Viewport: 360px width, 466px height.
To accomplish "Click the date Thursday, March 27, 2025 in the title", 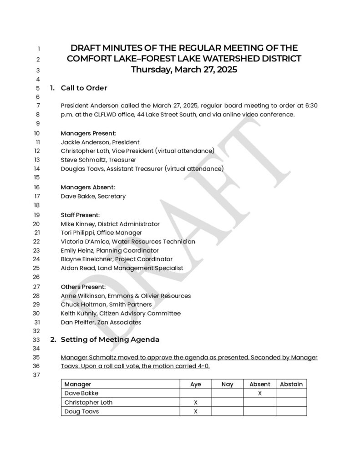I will point(184,70).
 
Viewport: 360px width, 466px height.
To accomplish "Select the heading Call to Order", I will point(84,88).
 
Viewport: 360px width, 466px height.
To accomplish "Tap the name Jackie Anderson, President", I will point(100,142).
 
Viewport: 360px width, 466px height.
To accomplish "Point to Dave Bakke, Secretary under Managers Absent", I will point(93,196).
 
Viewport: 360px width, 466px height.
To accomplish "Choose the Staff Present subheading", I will point(80,215).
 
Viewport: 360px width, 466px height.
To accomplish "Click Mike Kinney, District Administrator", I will point(110,224).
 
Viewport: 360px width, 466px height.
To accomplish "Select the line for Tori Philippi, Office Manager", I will point(101,233).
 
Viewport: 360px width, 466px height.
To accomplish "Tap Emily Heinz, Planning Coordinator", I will point(110,250).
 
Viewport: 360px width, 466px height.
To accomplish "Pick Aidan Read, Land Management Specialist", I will point(122,268).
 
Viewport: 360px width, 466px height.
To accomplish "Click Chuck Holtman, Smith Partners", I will point(106,304).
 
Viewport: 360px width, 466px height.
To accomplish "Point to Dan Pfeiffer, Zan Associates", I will point(101,322).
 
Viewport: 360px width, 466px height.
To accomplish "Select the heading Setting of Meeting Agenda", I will point(110,339).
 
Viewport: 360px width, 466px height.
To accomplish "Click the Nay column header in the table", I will point(227,384).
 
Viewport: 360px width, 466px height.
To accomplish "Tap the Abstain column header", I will point(291,384).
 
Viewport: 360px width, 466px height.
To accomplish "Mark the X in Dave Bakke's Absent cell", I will point(259,393).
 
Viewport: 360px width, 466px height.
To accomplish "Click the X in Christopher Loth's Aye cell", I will point(196,402).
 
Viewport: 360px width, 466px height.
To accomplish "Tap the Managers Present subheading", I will point(88,133).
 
